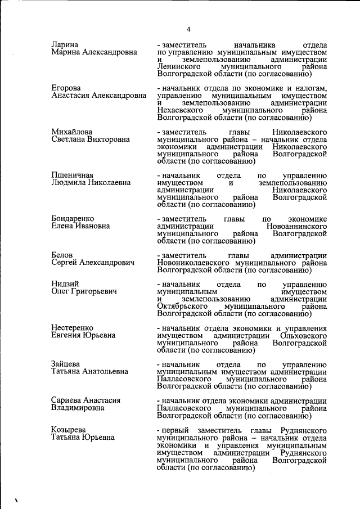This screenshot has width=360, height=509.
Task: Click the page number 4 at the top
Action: pos(189,29)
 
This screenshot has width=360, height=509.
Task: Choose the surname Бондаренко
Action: pos(73,219)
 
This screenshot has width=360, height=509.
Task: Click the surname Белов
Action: pos(62,255)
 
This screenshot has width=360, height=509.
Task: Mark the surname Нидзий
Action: pos(65,284)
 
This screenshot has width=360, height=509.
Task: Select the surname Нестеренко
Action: pos(72,328)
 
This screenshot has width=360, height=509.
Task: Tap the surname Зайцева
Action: pos(66,364)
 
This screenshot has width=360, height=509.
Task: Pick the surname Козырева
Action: pos(69,430)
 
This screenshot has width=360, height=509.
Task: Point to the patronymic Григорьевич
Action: pos(92,292)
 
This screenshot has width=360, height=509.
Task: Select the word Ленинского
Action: pos(179,66)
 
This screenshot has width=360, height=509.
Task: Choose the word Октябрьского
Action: pos(183,307)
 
